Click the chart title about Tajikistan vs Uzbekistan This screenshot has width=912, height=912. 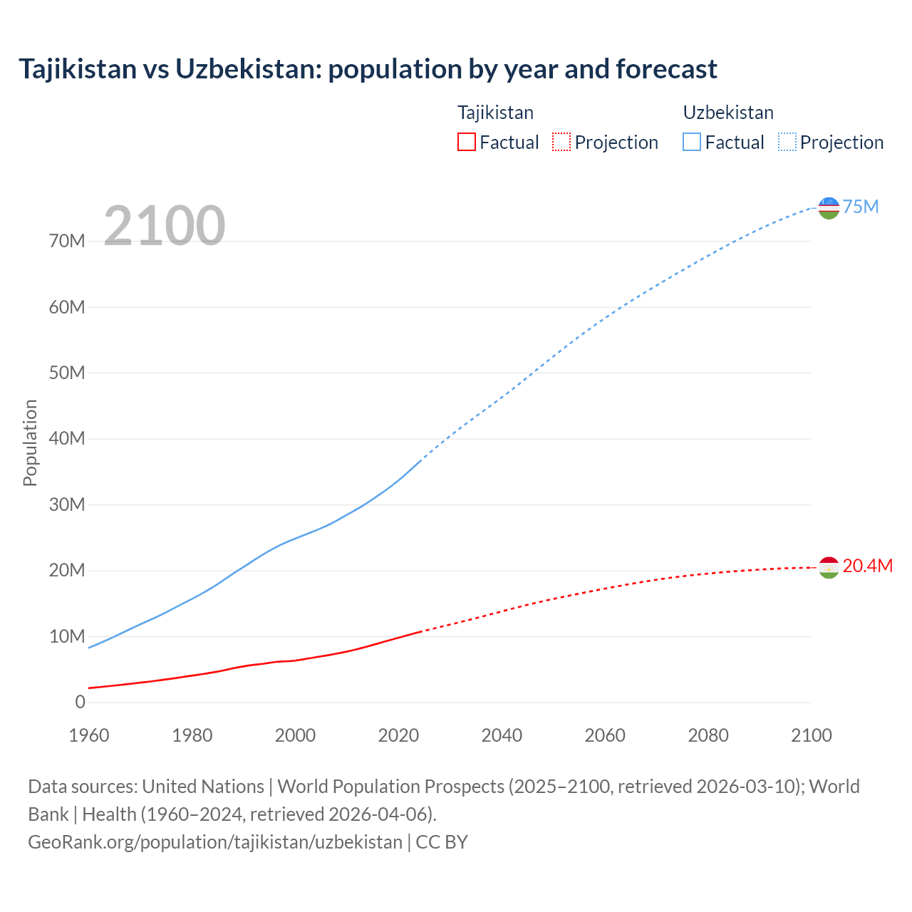click(x=368, y=69)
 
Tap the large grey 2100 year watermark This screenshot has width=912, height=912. click(x=165, y=226)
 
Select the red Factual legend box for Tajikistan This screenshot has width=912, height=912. click(x=467, y=142)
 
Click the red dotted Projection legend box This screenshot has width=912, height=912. click(x=561, y=142)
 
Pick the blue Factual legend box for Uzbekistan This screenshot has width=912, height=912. click(x=692, y=142)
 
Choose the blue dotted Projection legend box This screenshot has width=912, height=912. click(x=787, y=142)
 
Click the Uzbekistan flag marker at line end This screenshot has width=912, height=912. click(x=829, y=208)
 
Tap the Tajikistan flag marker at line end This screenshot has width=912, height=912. click(x=829, y=567)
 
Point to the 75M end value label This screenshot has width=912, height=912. click(x=861, y=207)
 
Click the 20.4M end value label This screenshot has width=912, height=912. click(x=867, y=566)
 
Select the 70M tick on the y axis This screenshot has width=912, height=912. click(x=67, y=241)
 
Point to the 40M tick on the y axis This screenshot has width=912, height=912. click(x=67, y=438)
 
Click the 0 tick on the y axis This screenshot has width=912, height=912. click(x=80, y=702)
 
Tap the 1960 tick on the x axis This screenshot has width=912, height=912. click(x=89, y=735)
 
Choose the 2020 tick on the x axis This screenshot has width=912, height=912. click(x=398, y=735)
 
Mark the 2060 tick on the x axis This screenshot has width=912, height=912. click(x=605, y=735)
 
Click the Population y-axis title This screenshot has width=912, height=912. click(x=30, y=442)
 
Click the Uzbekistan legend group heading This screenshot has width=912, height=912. click(x=728, y=113)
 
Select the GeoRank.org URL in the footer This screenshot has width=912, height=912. click(x=215, y=841)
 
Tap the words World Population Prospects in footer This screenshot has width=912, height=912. click(x=390, y=787)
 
